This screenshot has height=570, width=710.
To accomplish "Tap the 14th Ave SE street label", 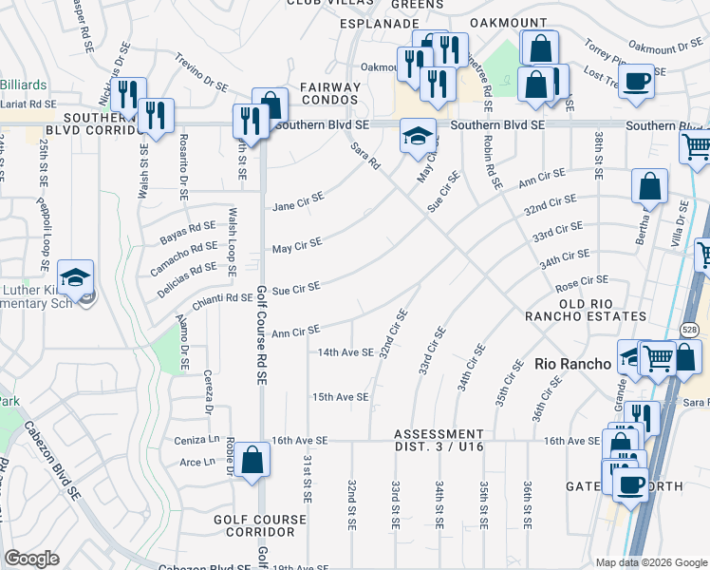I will click(x=346, y=351).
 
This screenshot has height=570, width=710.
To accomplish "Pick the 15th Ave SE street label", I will click(x=340, y=396).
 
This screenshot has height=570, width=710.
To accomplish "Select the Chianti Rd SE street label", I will click(x=221, y=298).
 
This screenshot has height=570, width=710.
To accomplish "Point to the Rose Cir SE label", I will click(x=581, y=281).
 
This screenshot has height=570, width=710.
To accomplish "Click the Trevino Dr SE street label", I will click(x=201, y=72).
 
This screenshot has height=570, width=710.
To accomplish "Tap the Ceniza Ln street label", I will click(x=196, y=441).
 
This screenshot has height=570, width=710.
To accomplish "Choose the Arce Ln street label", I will click(x=198, y=463).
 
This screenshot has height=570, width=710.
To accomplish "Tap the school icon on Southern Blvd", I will click(x=418, y=134).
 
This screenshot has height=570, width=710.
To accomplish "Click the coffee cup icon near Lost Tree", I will click(x=638, y=79).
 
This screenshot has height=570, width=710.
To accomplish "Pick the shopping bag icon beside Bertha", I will click(x=651, y=187).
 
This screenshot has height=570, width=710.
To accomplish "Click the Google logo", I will click(x=31, y=559).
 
